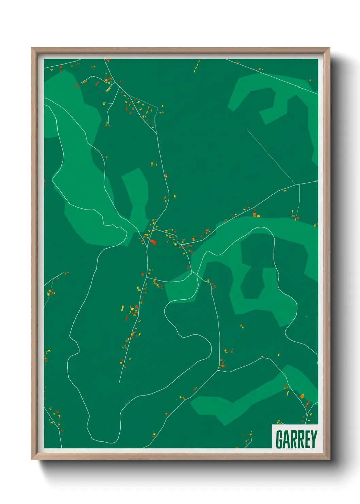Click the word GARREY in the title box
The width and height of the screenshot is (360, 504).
[296, 439]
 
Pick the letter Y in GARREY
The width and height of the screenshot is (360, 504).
[314, 440]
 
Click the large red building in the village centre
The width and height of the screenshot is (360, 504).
[153, 242]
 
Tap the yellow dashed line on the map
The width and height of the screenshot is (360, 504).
[197, 66]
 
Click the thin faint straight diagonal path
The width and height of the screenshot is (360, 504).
[271, 157]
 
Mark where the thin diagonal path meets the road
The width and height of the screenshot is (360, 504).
[295, 185]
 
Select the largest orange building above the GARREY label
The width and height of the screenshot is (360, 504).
[302, 396]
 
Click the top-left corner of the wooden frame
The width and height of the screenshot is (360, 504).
[32, 48]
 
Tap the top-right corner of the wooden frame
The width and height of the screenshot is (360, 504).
[329, 48]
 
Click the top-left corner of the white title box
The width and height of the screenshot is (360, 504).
[272, 425]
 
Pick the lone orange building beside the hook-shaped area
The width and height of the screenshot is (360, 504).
[310, 81]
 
